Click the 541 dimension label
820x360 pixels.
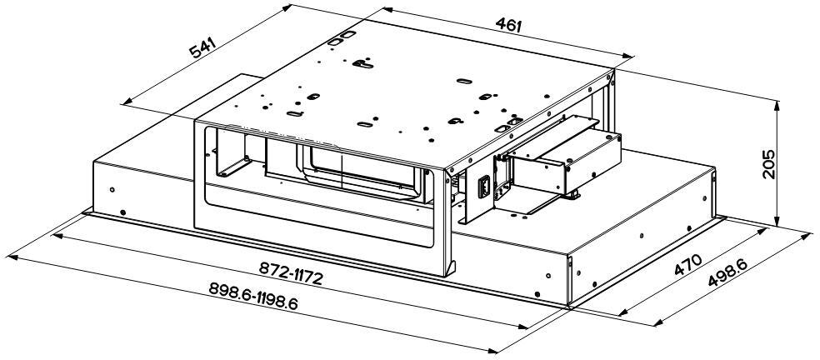[202, 48]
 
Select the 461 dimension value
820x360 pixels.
[508, 25]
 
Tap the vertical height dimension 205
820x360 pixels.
[767, 164]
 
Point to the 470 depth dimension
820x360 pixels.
[687, 265]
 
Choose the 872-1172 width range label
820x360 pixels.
[291, 273]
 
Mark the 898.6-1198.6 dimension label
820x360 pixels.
[253, 297]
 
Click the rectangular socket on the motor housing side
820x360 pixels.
[484, 187]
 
